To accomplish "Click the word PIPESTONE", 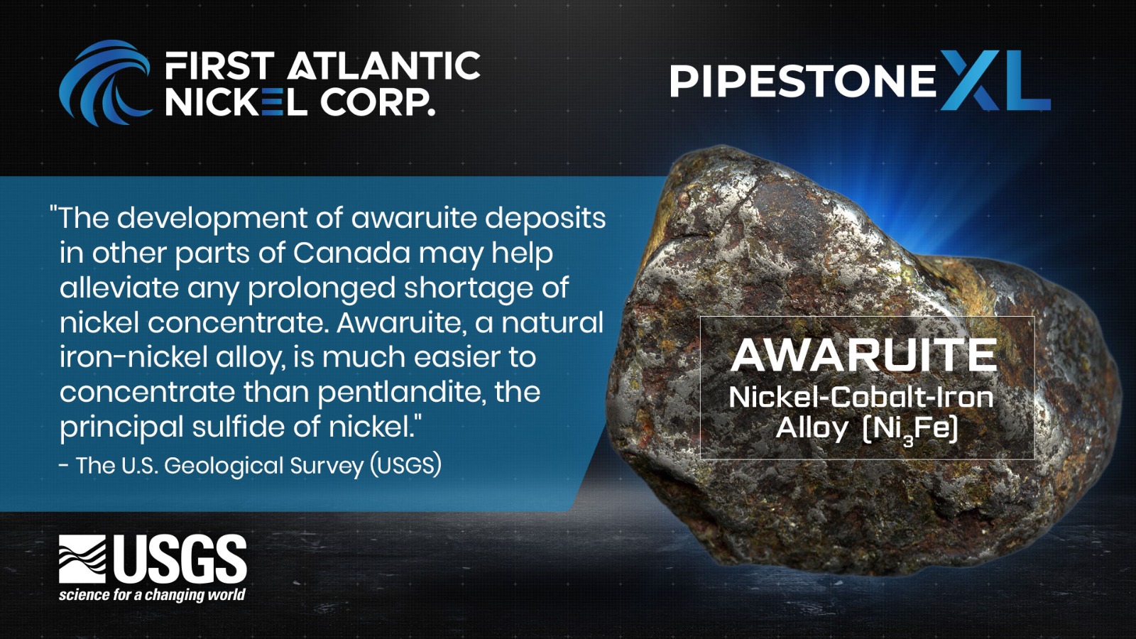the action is coord(803,81).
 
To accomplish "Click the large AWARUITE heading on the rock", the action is coord(863,355).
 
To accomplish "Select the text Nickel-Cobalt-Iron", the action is coord(861,397).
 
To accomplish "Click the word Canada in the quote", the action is coord(351,253).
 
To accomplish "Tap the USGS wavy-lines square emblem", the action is coord(82,559).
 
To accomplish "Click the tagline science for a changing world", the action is coord(152,594).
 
